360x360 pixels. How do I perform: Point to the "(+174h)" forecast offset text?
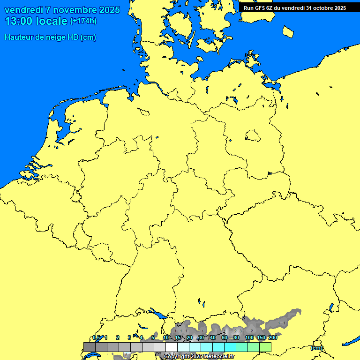pyautogui.click(x=83, y=21)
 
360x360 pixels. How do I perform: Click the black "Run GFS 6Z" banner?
pyautogui.click(x=294, y=8)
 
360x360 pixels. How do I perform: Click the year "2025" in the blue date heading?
pyautogui.click(x=109, y=10)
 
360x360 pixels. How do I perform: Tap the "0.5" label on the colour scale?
pyautogui.click(x=96, y=337)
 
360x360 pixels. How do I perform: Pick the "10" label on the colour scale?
pyautogui.click(x=166, y=337)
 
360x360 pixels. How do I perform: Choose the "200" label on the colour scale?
pyautogui.click(x=273, y=337)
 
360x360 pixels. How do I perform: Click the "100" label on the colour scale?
pyautogui.click(x=249, y=337)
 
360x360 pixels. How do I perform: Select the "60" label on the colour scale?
pyautogui.click(x=225, y=337)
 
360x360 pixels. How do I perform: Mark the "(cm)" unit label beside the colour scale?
pyautogui.click(x=316, y=348)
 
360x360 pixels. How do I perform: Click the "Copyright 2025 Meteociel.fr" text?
pyautogui.click(x=199, y=356)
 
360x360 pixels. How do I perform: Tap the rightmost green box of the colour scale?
pyautogui.click(x=265, y=347)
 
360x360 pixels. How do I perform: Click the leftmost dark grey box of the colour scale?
pyautogui.click(x=90, y=347)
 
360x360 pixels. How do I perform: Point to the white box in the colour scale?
pyautogui.click(x=172, y=347)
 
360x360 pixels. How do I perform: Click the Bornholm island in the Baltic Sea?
pyautogui.click(x=288, y=31)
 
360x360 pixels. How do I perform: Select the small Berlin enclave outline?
pyautogui.click(x=252, y=136)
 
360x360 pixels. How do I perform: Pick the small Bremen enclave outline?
pyautogui.click(x=143, y=112)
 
